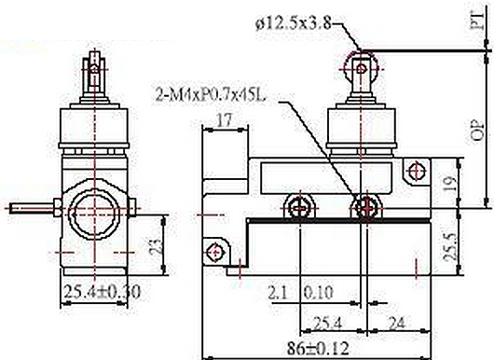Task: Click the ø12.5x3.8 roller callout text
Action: pos(294,23)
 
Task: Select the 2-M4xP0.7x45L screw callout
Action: pos(211,94)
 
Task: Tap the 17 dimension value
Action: pos(225,120)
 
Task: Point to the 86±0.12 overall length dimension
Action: pos(318,349)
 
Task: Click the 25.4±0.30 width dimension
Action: pos(103,292)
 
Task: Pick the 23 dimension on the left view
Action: pos(155,246)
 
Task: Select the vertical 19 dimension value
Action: pos(449,184)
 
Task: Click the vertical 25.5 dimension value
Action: pos(450,247)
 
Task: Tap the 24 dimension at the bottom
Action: pos(396,323)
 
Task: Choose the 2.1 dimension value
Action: pos(278,292)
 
